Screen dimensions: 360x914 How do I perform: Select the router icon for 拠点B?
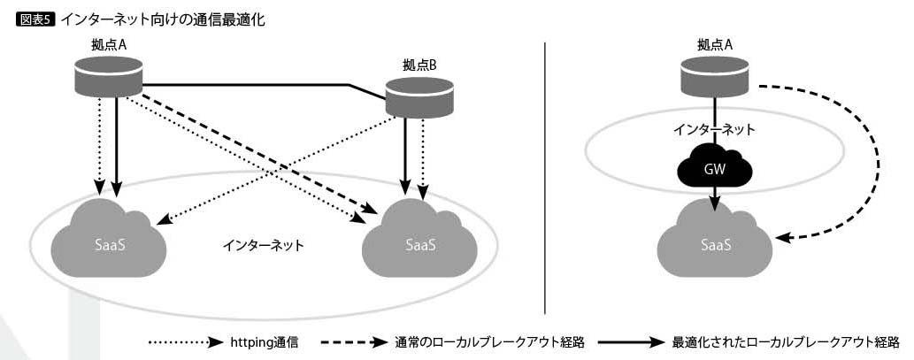click(420, 96)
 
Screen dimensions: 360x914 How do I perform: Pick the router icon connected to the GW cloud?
click(714, 80)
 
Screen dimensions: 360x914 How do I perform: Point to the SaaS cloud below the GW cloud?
click(716, 238)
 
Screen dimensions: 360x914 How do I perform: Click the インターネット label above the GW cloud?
click(714, 130)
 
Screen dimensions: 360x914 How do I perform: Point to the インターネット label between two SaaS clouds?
click(263, 244)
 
